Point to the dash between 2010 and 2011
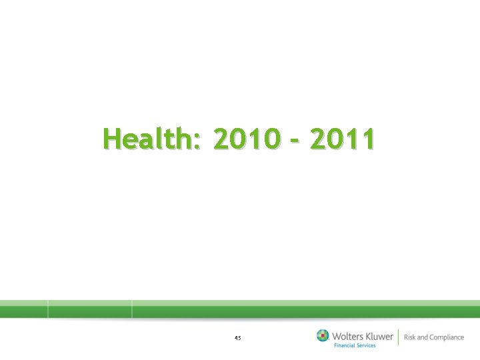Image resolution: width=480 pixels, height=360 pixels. [293, 141]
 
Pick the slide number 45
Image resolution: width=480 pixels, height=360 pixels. [237, 338]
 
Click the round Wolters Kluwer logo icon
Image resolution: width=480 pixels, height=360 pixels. [323, 336]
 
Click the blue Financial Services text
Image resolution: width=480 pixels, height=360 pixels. [355, 345]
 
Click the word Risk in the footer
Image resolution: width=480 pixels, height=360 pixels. [409, 337]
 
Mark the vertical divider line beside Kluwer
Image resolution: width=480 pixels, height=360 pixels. [398, 337]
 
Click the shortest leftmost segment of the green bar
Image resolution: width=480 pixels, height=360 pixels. [24, 309]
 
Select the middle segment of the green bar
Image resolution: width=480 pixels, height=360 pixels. [90, 309]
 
